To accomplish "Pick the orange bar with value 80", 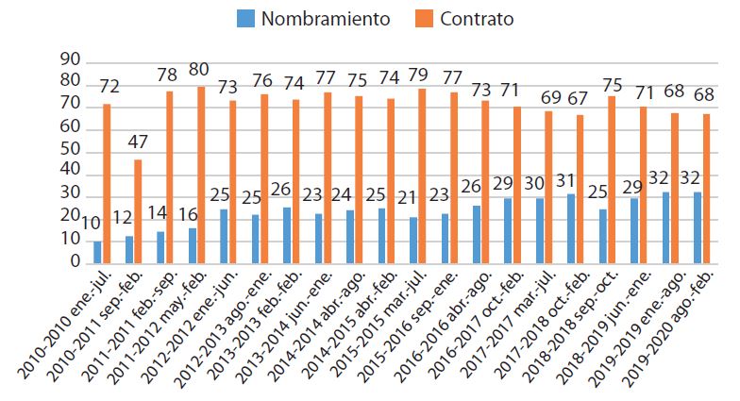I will (x=201, y=175).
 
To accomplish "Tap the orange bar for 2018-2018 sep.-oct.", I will (x=612, y=180).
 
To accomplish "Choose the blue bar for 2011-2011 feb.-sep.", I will (x=160, y=248).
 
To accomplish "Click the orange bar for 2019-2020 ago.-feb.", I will (x=706, y=189).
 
